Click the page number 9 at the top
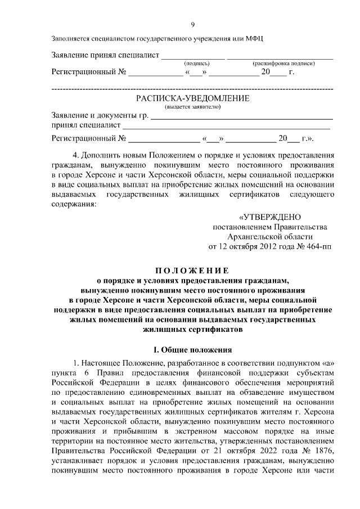(x=192, y=24)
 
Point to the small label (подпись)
(x=197, y=64)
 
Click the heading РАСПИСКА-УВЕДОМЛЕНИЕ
(x=192, y=98)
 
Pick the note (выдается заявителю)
(x=192, y=107)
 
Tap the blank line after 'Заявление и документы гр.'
(x=242, y=117)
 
